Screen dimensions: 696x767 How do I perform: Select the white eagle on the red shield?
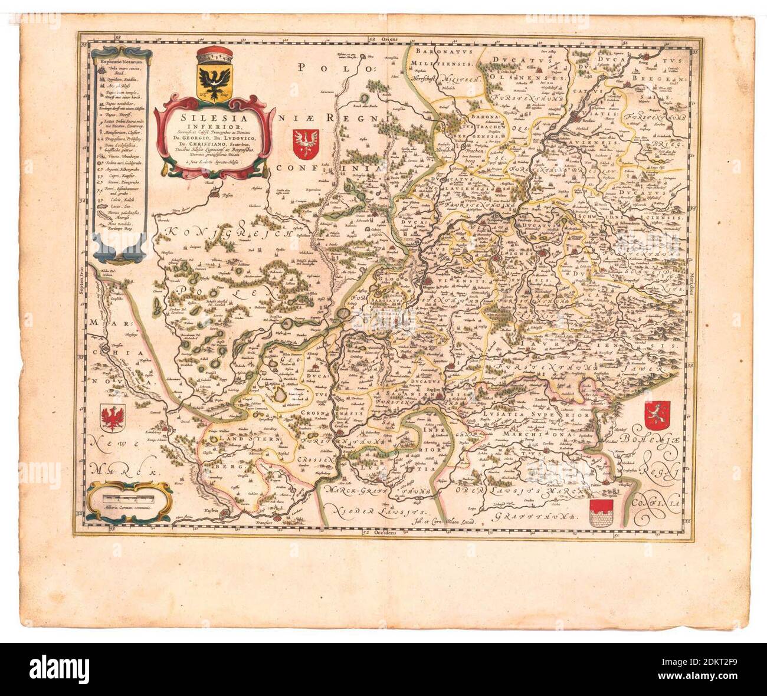tap(306, 145)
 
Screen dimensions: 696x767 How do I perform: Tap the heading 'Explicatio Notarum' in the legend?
tap(122, 60)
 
